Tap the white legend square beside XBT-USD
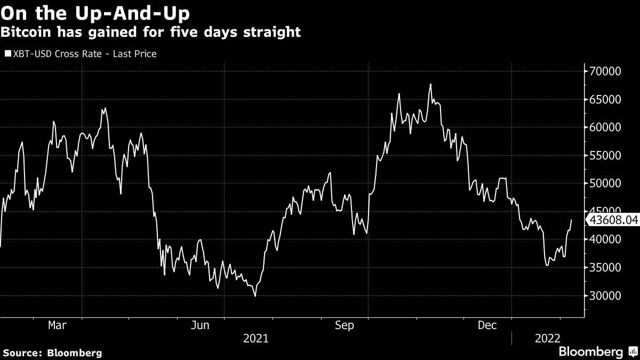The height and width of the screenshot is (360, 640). click(7, 54)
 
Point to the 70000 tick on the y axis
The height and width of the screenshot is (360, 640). click(605, 71)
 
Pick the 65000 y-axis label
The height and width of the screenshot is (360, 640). click(605, 99)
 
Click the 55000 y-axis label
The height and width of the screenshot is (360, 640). click(605, 155)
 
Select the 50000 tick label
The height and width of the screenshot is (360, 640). click(605, 183)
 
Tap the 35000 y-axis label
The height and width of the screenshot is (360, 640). click(605, 268)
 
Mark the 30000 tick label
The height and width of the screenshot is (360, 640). click(605, 296)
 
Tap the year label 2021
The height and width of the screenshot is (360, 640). click(256, 338)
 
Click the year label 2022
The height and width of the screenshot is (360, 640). click(547, 338)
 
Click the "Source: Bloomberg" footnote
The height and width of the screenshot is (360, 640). click(52, 353)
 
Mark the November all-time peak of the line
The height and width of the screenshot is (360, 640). click(430, 84)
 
